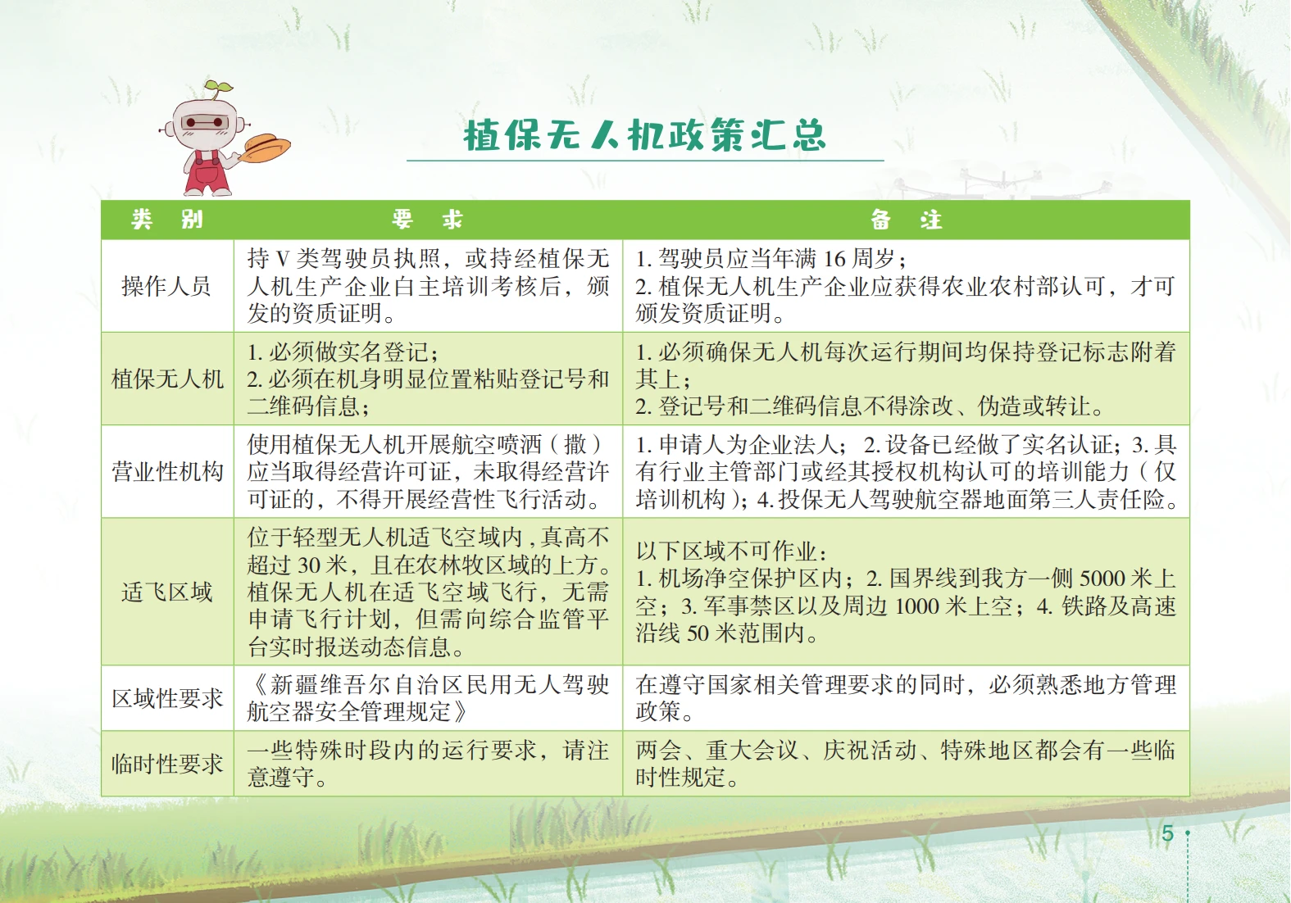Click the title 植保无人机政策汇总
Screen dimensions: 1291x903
(645, 135)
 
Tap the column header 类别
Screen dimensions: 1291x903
(167, 219)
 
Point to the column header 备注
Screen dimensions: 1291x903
(906, 219)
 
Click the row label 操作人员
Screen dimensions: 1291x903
(166, 286)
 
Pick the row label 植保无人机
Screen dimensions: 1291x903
(167, 379)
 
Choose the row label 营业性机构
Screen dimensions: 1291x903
(167, 471)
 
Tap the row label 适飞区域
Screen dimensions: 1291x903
(166, 592)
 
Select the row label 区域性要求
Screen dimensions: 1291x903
(167, 698)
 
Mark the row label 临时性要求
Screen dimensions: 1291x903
(167, 765)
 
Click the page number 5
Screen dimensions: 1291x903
(1168, 833)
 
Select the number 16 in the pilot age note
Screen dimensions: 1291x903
(834, 259)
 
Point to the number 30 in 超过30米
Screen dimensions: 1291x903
(308, 565)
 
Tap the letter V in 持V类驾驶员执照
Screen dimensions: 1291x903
(283, 259)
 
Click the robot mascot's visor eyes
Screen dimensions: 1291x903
(205, 123)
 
